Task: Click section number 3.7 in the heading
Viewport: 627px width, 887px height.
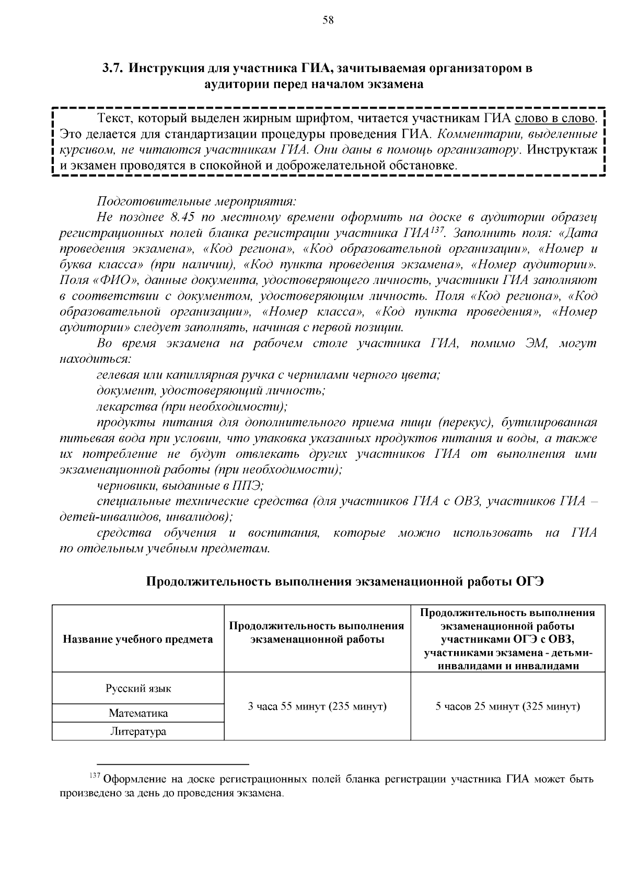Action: click(x=112, y=68)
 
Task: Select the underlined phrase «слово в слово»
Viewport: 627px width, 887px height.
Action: click(x=555, y=119)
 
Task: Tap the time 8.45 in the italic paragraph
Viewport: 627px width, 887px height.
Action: click(x=183, y=217)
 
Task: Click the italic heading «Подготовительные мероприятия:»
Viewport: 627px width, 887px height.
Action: click(x=196, y=201)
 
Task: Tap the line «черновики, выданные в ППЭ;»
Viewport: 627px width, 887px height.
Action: click(x=180, y=486)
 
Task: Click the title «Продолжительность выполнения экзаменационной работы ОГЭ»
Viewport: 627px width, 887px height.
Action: click(x=345, y=581)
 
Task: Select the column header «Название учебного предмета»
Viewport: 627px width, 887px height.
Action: click(x=138, y=639)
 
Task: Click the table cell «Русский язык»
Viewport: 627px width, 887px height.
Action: click(x=138, y=688)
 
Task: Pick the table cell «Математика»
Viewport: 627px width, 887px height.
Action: click(x=138, y=713)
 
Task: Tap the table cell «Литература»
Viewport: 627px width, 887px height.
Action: click(x=138, y=731)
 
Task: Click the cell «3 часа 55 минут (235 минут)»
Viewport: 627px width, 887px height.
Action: click(x=317, y=706)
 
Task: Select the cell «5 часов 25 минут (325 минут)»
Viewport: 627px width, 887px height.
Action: click(x=508, y=706)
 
